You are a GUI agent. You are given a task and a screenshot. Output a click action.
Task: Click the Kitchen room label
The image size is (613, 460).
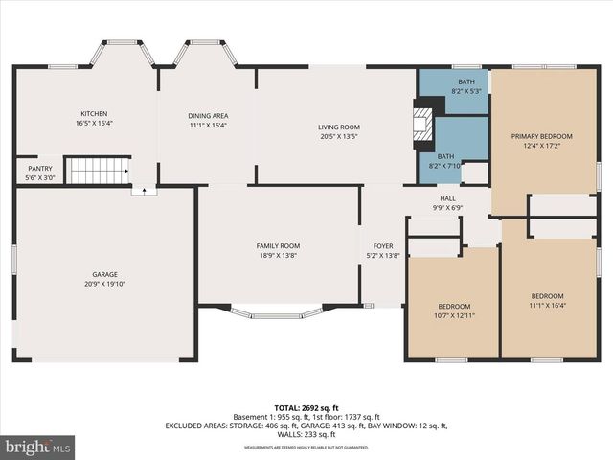coord(94,114)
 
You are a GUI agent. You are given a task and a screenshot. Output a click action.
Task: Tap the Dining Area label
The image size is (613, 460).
coord(208,116)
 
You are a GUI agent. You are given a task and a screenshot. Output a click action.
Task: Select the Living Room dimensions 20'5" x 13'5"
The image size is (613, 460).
coord(338,137)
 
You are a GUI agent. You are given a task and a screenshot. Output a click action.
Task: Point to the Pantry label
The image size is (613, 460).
coord(39,168)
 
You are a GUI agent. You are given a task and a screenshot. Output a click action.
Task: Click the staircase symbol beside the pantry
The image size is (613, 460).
coord(98,171)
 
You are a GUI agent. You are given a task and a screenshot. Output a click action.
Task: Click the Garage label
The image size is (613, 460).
coord(104,274)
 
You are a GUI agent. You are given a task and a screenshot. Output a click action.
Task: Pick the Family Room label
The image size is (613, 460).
coord(278,245)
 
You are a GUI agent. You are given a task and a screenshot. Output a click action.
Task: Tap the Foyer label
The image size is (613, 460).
coord(383,245)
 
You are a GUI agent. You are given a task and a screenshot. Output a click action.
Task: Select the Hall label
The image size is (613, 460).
coord(447,198)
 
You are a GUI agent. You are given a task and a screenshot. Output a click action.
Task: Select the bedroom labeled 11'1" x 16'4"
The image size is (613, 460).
coord(547,296)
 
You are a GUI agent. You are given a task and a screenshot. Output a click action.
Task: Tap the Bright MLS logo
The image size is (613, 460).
coord(38,447)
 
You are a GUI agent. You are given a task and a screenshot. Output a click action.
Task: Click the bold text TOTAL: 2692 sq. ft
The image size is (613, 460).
coord(306,408)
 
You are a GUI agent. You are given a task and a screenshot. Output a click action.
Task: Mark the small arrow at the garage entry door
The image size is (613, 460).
coord(144,191)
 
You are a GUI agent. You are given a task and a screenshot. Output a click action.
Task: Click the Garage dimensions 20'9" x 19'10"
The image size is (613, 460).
coord(104,284)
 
